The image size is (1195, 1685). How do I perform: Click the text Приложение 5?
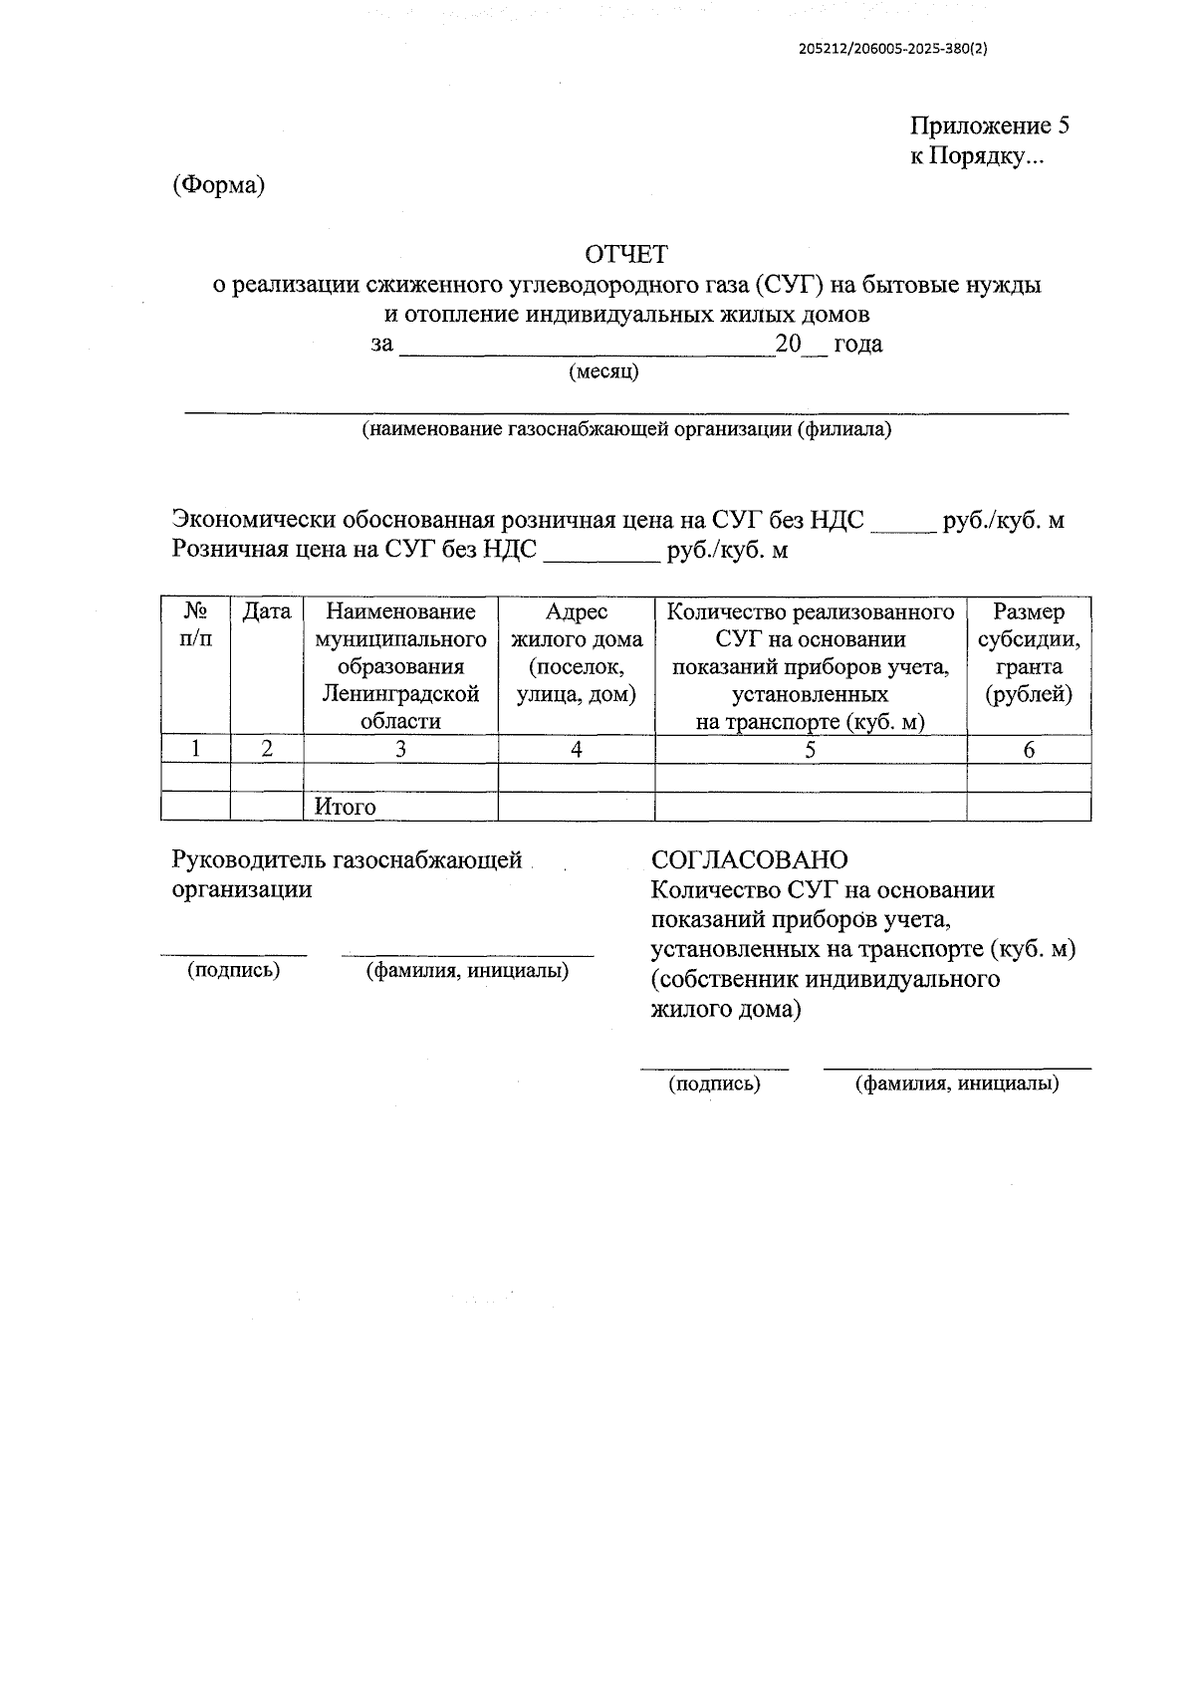point(989,125)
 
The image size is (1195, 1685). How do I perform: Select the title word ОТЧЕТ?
point(626,254)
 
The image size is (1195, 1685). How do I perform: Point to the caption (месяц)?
point(603,372)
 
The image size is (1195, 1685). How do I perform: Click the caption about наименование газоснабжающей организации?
point(626,430)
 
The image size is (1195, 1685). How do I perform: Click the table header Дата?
point(266,611)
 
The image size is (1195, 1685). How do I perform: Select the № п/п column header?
point(195,624)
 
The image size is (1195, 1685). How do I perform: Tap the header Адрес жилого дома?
point(577,652)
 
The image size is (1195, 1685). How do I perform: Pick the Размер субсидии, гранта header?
point(1029,652)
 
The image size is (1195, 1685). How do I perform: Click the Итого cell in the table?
point(345,807)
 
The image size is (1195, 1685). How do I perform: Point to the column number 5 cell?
point(810,750)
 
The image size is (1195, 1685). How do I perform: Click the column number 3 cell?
point(400,750)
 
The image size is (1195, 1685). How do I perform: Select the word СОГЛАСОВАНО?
point(749,859)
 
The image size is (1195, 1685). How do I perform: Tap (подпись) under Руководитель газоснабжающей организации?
point(234,970)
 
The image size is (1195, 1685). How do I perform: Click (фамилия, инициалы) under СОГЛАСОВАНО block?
point(956,1083)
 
